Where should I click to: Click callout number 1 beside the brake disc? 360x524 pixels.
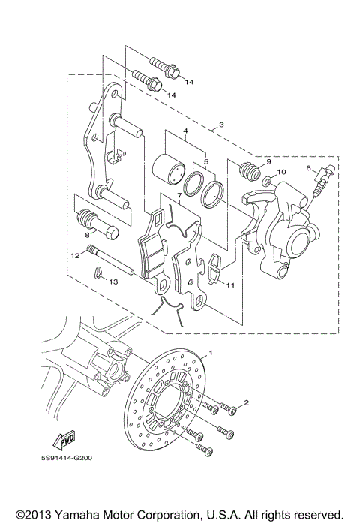click(211, 352)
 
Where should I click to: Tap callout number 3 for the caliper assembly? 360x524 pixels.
click(221, 125)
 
